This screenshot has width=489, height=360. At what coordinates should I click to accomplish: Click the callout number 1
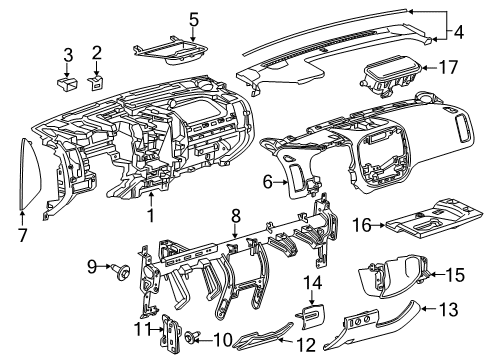point(152,214)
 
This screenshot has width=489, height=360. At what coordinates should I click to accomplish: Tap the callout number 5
point(194,18)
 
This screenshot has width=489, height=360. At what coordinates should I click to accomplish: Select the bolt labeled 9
point(127,269)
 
